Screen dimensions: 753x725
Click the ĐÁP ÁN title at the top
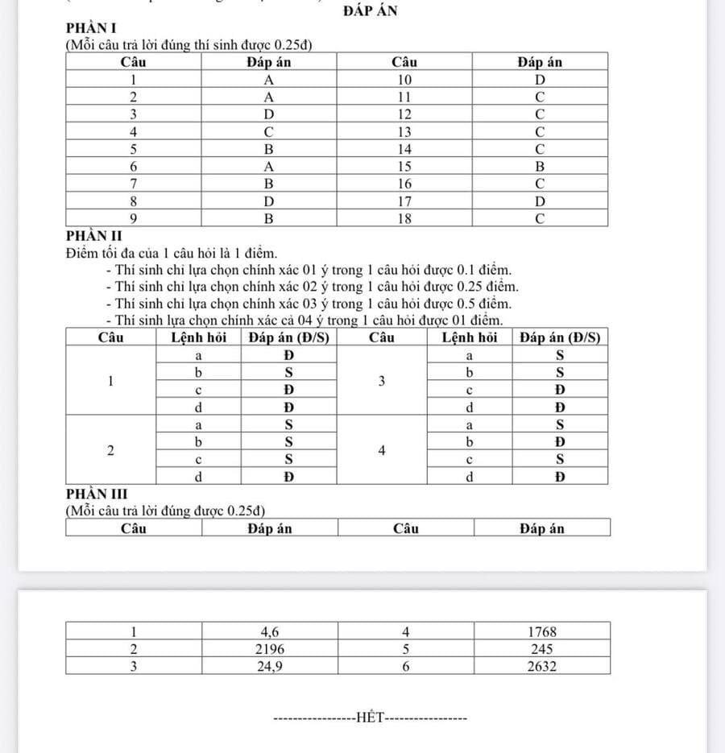click(370, 10)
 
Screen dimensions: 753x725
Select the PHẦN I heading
click(89, 30)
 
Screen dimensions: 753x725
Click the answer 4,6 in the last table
click(270, 631)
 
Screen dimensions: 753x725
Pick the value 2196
click(270, 648)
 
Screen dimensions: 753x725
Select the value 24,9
click(270, 665)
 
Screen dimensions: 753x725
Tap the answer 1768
click(541, 631)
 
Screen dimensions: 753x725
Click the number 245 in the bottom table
click(541, 648)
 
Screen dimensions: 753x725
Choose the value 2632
click(541, 665)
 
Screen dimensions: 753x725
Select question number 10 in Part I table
click(405, 79)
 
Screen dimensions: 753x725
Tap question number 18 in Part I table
click(405, 218)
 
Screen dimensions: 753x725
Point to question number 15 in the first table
click(405, 166)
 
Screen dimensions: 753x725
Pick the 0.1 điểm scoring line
click(309, 271)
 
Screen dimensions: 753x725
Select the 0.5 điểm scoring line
click(309, 304)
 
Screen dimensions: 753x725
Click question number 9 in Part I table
click(133, 218)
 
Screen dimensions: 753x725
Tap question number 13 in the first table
click(405, 131)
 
